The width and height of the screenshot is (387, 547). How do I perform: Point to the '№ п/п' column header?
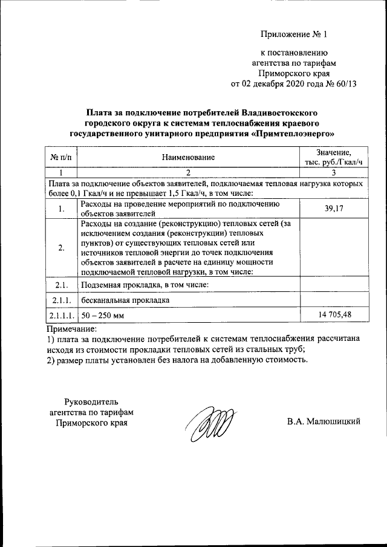coord(60,157)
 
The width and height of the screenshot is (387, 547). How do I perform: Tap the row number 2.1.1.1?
coord(61,316)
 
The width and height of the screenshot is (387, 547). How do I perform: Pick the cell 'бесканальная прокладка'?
coord(125,300)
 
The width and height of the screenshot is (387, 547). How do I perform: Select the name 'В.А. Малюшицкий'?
coord(324,421)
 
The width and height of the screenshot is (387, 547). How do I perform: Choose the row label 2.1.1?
coord(60,300)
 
